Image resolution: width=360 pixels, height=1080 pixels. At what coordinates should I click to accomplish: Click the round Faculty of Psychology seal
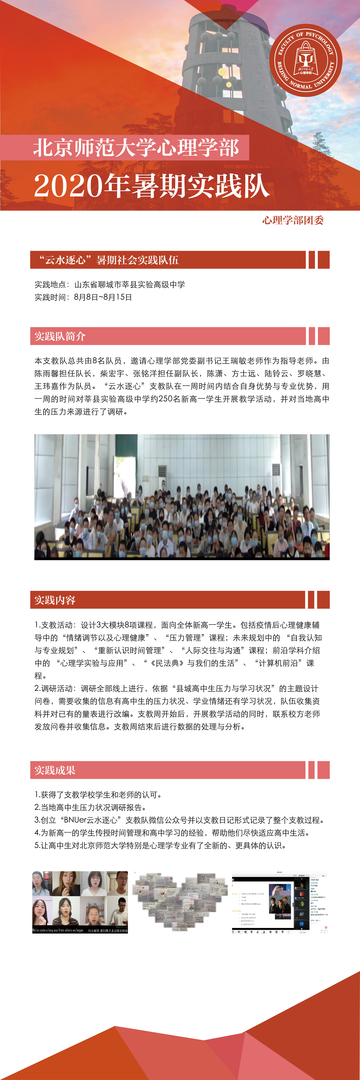[x=305, y=60]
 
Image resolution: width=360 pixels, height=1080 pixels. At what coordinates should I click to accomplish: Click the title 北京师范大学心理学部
[x=136, y=148]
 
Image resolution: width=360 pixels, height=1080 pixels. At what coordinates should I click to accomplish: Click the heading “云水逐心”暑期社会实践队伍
[x=109, y=260]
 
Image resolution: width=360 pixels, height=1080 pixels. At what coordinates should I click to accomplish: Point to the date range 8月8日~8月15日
[x=103, y=297]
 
